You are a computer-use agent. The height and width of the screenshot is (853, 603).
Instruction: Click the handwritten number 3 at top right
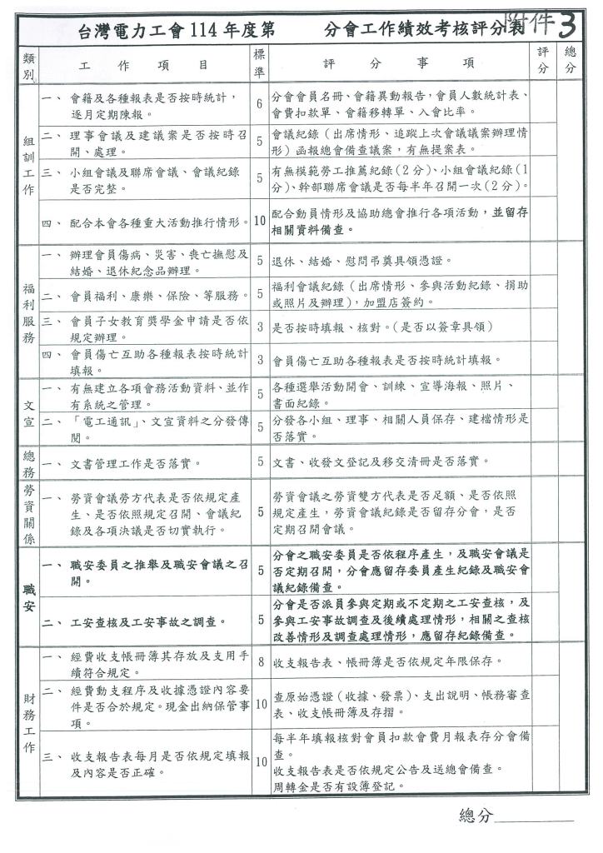(x=569, y=26)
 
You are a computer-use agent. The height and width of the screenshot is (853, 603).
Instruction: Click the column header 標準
(x=259, y=64)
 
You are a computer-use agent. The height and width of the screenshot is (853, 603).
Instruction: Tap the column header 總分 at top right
(x=571, y=63)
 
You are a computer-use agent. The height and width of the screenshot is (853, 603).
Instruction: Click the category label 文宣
(x=27, y=413)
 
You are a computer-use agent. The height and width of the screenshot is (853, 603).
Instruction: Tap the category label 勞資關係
(x=27, y=511)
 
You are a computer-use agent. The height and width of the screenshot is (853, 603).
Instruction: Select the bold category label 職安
(x=27, y=596)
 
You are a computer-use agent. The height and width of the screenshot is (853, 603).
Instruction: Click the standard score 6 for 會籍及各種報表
(x=260, y=103)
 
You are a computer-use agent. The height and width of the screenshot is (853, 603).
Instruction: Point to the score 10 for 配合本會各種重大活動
(x=260, y=222)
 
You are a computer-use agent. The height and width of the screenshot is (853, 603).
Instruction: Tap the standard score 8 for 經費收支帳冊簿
(x=260, y=663)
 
